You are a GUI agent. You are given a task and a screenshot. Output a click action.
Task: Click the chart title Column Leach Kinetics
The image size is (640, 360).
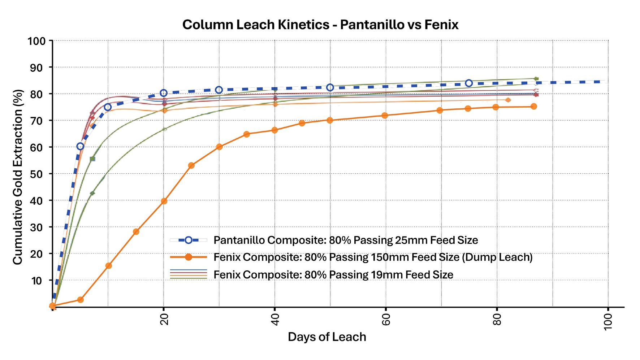click(320, 25)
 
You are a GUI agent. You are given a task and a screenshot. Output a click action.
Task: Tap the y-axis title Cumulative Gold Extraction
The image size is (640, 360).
click(18, 177)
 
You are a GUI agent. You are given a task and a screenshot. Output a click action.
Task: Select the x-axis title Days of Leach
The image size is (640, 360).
click(327, 337)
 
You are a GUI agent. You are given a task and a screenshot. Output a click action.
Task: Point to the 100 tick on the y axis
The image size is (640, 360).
click(37, 41)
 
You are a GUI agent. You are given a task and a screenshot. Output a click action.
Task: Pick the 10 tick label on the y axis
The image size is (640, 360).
click(37, 281)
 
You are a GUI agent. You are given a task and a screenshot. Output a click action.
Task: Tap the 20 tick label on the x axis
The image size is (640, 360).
click(164, 319)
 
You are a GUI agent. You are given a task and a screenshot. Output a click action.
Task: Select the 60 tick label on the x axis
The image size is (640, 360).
click(386, 319)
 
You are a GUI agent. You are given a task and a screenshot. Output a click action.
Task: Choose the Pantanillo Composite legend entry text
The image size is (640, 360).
click(346, 240)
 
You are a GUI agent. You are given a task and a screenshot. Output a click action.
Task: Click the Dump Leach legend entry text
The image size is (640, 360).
click(373, 257)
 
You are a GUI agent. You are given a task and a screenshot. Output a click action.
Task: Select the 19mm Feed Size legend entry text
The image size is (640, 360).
click(333, 275)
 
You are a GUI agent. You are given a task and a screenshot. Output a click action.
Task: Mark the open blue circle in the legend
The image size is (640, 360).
click(188, 240)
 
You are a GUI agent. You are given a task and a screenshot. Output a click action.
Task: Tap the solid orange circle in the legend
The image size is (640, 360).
click(188, 257)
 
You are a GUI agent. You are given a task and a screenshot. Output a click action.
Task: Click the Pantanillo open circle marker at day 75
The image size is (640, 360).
click(469, 83)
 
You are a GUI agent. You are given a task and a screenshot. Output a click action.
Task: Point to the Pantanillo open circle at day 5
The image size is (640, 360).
click(80, 146)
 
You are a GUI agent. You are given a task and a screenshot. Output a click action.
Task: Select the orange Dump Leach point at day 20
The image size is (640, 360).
click(164, 201)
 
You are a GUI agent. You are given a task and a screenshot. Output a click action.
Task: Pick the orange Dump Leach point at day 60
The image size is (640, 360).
click(385, 116)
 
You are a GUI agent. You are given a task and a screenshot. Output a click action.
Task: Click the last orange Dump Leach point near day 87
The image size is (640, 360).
click(534, 107)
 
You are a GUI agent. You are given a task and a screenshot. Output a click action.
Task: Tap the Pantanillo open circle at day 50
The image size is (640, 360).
click(330, 87)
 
